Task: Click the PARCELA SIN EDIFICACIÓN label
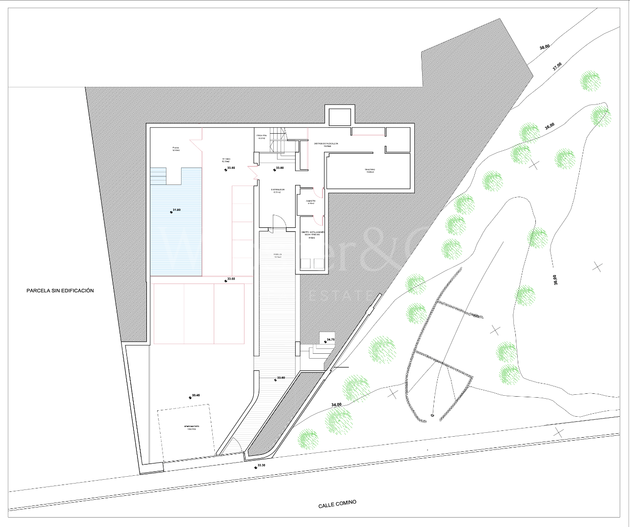pyautogui.click(x=60, y=290)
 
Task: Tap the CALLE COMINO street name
pyautogui.click(x=337, y=504)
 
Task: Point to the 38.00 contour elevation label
pyautogui.click(x=544, y=47)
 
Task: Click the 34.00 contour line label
pyautogui.click(x=336, y=405)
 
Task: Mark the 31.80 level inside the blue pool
pyautogui.click(x=176, y=210)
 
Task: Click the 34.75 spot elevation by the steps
pyautogui.click(x=330, y=339)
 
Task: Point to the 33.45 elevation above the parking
pyautogui.click(x=195, y=395)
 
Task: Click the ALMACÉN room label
pyautogui.click(x=311, y=202)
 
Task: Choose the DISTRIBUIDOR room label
pyautogui.click(x=278, y=190)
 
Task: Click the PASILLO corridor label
pyautogui.click(x=277, y=255)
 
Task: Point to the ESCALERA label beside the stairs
pyautogui.click(x=262, y=136)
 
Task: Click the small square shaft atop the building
pyautogui.click(x=340, y=117)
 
